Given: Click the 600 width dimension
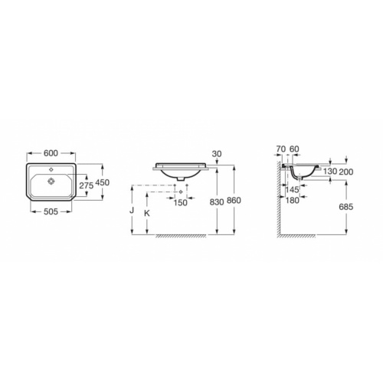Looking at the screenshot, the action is (x=51, y=153).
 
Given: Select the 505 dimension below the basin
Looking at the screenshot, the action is (x=51, y=211).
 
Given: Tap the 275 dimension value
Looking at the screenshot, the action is (x=87, y=185).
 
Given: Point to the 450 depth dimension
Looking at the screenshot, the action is (x=103, y=182).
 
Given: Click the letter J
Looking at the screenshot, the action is (x=132, y=211).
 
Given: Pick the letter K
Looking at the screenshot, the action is (x=147, y=214).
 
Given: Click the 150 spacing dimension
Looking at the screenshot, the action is (x=181, y=203).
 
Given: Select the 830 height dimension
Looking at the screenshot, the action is (x=217, y=202).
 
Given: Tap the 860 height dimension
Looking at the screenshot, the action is (x=234, y=201).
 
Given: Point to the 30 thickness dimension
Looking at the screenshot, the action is (x=217, y=154).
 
